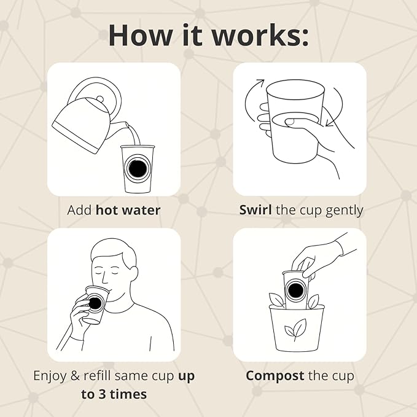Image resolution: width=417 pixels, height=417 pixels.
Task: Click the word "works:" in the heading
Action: [260, 35]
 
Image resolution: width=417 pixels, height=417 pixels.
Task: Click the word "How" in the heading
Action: [140, 35]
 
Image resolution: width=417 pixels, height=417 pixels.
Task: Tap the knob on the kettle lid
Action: [100, 99]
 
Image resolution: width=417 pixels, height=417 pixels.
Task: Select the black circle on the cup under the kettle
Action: [137, 169]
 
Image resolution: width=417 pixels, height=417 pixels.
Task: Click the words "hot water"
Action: [128, 210]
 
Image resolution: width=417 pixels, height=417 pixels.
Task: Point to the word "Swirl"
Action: [255, 210]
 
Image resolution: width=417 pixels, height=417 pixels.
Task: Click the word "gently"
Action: [345, 211]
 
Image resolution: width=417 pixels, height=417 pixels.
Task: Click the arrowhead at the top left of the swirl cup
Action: [261, 82]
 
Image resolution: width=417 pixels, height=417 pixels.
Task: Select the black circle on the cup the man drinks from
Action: [95, 303]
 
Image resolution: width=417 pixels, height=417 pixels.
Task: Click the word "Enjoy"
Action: [50, 376]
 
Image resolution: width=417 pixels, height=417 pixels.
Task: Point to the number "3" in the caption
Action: [102, 394]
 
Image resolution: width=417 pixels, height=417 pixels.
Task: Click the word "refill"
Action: [98, 375]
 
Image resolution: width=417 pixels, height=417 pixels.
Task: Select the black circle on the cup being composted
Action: [295, 290]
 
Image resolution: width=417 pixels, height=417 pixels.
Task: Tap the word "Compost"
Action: [275, 376]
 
